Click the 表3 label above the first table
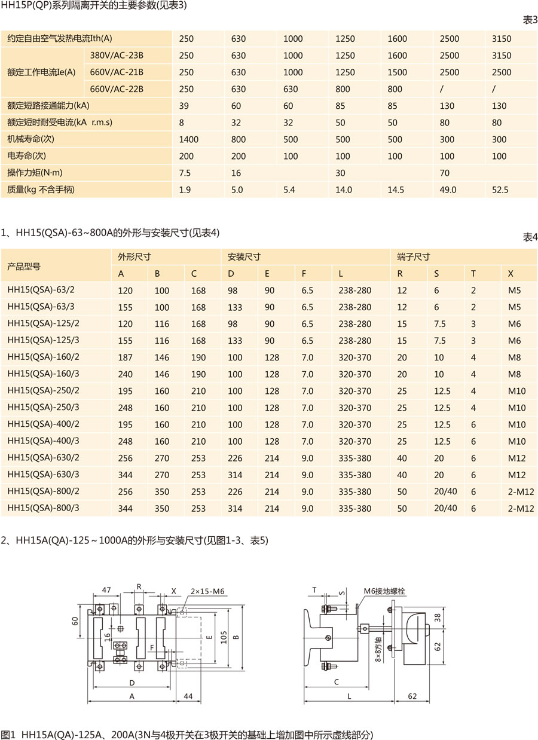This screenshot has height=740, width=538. coord(530,20)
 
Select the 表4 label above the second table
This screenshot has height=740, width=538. coord(530,236)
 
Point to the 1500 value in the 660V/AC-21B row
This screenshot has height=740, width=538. coord(397,72)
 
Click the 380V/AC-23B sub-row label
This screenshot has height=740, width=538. coord(116,56)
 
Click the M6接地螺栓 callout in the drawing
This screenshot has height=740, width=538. coord(384,591)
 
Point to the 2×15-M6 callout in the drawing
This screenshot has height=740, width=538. coord(207,591)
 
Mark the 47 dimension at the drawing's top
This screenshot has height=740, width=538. coord(107,590)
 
